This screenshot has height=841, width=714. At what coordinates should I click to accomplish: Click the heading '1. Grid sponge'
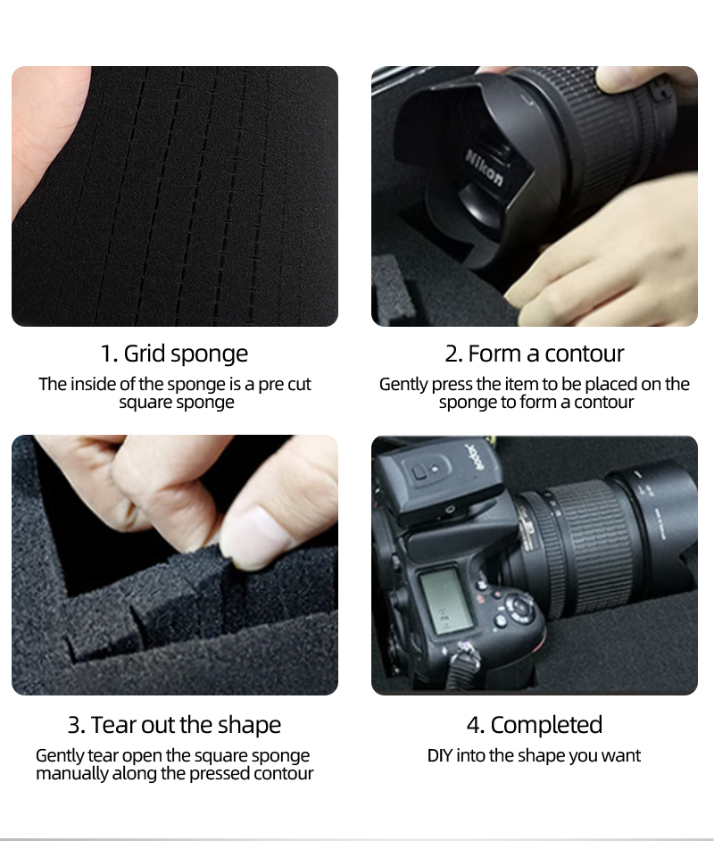pyautogui.click(x=174, y=354)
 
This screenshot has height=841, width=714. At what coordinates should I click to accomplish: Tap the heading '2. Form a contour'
pyautogui.click(x=535, y=354)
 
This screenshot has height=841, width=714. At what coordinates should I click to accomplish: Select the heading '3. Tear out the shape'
pyautogui.click(x=174, y=725)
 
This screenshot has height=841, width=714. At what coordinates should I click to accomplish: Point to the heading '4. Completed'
pyautogui.click(x=535, y=725)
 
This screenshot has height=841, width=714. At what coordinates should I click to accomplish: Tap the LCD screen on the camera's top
pyautogui.click(x=446, y=601)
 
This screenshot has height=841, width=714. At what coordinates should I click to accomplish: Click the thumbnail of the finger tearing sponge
pyautogui.click(x=175, y=565)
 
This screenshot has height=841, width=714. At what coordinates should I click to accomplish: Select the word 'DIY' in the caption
pyautogui.click(x=439, y=755)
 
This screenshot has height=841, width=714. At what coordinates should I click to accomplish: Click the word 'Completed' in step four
pyautogui.click(x=546, y=725)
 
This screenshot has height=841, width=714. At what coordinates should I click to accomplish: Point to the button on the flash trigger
pyautogui.click(x=418, y=472)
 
